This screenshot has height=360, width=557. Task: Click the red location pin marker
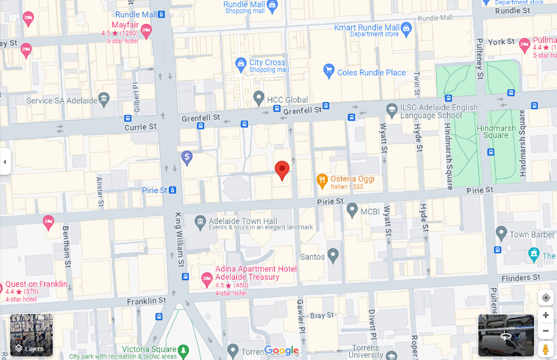click(282, 169)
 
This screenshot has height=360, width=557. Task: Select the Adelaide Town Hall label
click(243, 221)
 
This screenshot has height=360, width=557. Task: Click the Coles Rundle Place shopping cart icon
click(329, 70)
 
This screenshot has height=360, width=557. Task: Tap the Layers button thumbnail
click(31, 335)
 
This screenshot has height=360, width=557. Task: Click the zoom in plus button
click(546, 315)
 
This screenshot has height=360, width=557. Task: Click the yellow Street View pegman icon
click(546, 350)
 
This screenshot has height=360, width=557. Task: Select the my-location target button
click(546, 298)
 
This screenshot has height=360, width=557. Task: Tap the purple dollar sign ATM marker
click(187, 157)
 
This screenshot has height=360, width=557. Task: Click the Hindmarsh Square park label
click(496, 132)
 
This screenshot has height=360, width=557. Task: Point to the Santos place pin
click(333, 255)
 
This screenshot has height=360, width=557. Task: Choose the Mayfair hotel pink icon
click(146, 30)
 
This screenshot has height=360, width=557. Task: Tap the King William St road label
click(179, 239)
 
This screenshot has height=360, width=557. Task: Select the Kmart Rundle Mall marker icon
click(406, 29)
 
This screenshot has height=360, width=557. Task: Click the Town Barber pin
click(501, 232)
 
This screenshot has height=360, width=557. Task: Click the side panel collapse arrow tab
click(5, 162)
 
